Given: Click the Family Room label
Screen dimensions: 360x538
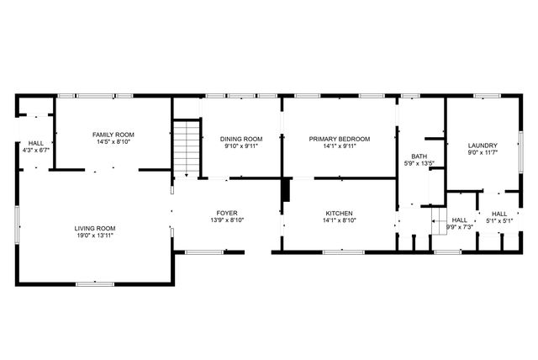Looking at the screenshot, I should click(x=113, y=135).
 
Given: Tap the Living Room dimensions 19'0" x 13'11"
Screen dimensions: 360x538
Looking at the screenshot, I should click(x=94, y=236).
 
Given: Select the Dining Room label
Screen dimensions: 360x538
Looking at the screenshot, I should click(x=241, y=139).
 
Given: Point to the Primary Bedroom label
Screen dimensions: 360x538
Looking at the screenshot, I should click(x=339, y=139).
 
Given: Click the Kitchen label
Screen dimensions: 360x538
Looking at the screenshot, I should click(x=339, y=214).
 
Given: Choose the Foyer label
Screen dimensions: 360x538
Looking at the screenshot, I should click(x=227, y=214).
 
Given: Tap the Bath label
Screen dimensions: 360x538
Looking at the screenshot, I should click(x=419, y=156).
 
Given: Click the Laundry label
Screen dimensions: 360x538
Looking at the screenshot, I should click(x=483, y=145).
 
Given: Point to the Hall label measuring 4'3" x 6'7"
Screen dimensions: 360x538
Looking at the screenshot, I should click(x=35, y=143).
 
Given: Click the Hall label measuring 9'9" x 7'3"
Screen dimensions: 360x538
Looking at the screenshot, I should click(x=460, y=220).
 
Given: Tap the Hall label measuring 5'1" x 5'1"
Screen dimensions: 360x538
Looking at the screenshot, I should click(x=499, y=214).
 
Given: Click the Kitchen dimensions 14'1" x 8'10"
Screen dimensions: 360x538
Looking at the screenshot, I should click(x=339, y=221).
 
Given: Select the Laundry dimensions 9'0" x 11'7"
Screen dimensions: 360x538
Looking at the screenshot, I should click(x=483, y=152).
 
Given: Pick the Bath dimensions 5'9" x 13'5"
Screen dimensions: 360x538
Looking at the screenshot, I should click(x=419, y=164).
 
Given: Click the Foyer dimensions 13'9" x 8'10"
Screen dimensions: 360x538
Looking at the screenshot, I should click(x=227, y=221).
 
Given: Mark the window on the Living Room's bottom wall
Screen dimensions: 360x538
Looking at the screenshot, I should click(x=95, y=283).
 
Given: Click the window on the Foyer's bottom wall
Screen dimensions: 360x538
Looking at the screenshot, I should click(x=203, y=251).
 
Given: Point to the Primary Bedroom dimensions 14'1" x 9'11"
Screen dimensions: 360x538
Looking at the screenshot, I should click(x=339, y=146).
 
